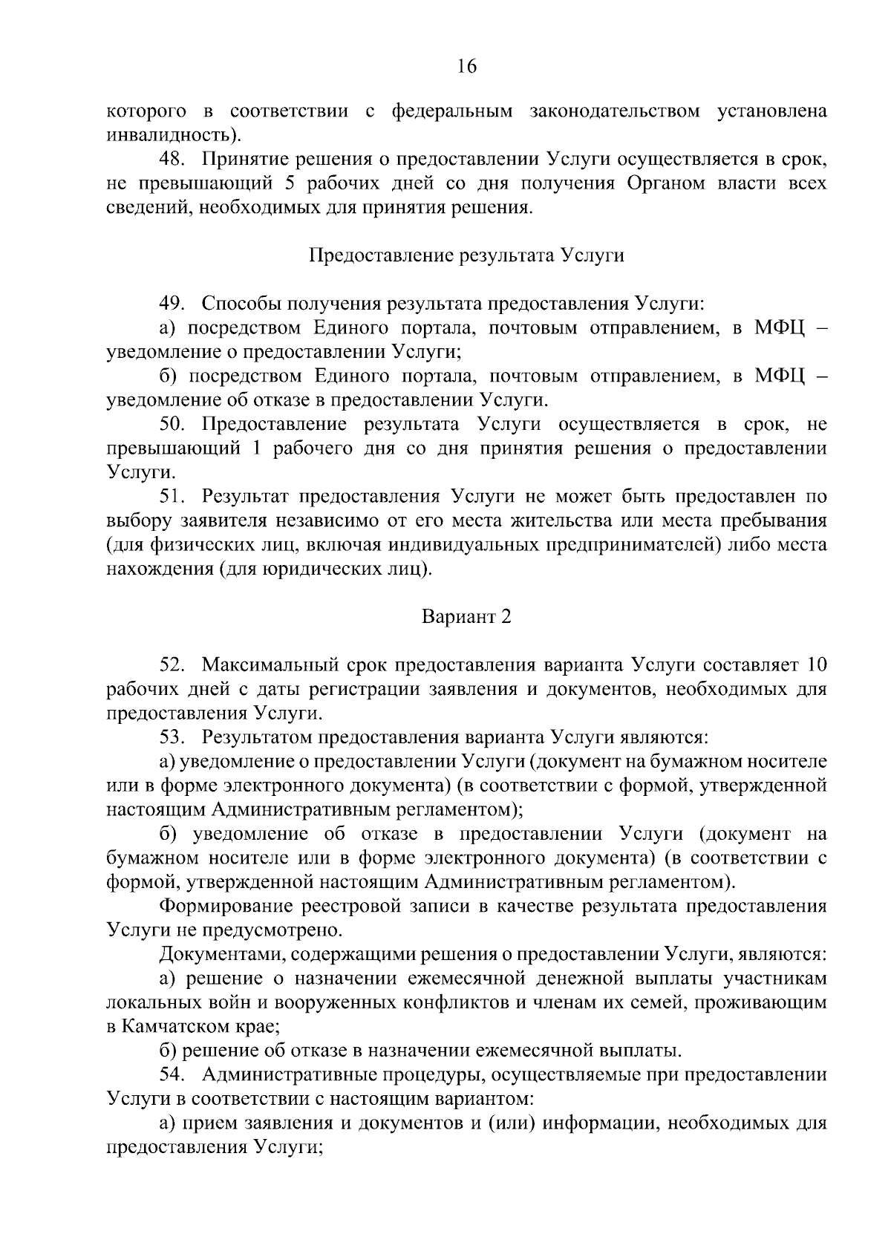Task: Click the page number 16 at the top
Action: point(466,67)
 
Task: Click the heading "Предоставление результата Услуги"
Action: point(466,255)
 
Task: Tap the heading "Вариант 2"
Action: point(466,616)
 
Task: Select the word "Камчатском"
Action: point(179,1027)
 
